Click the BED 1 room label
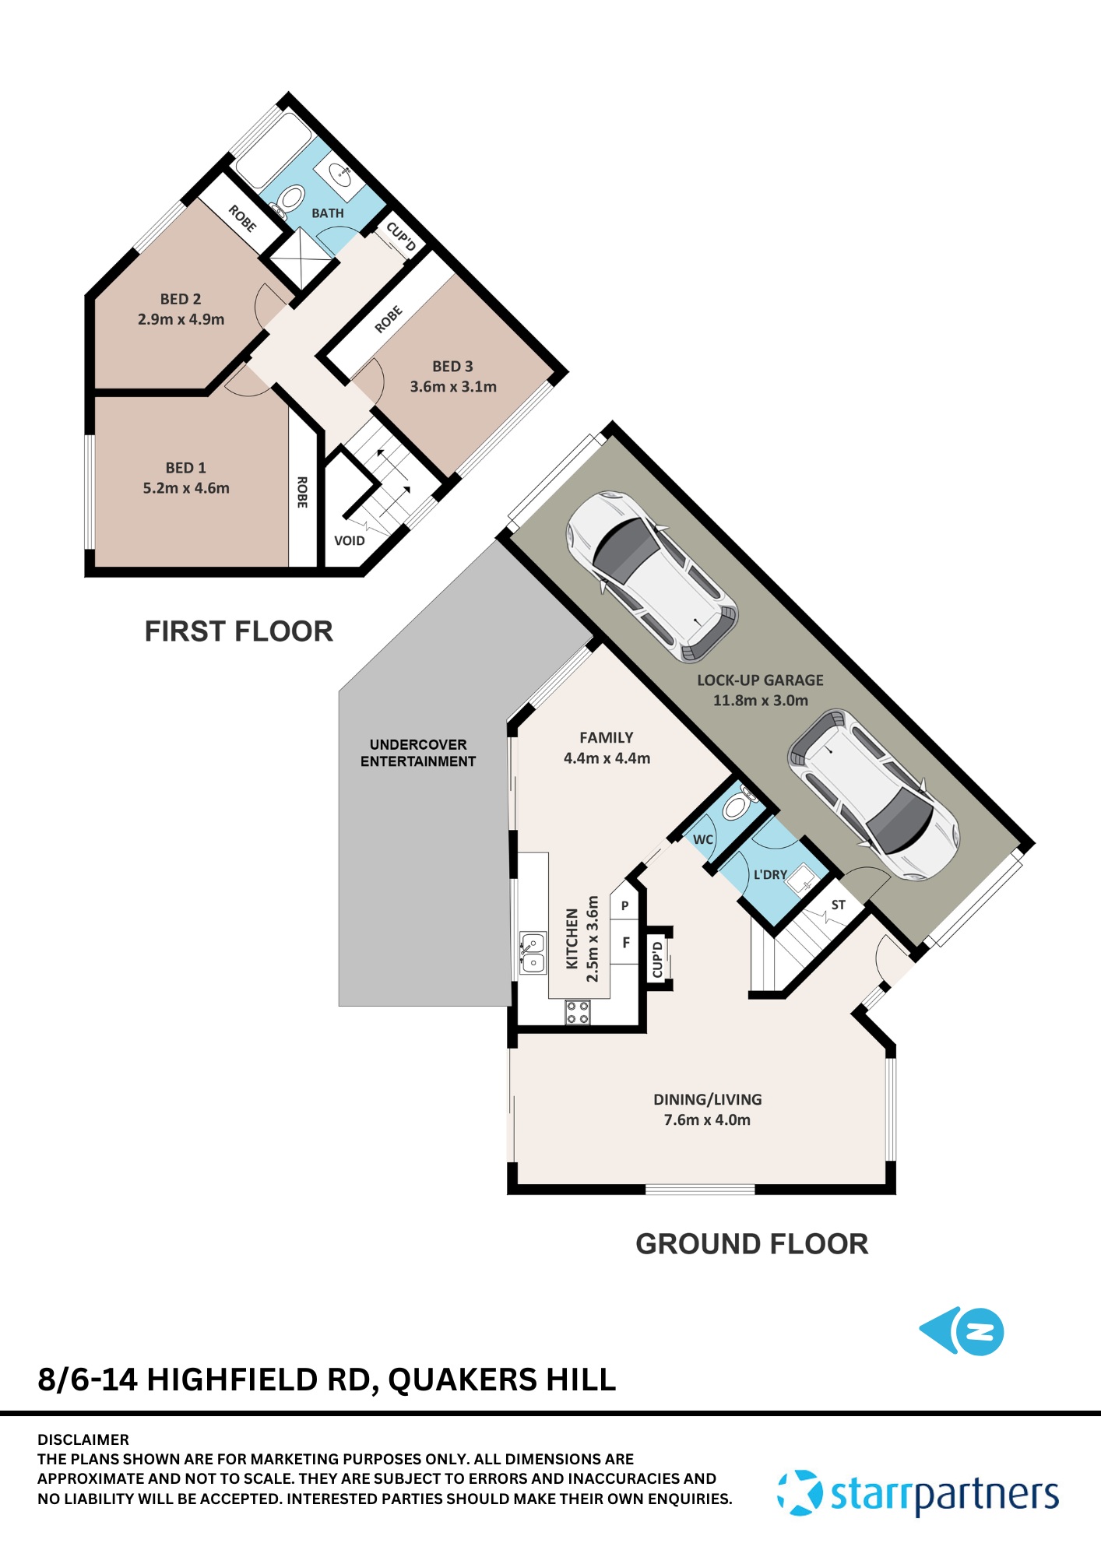coord(185,468)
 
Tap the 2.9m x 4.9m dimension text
coord(181,319)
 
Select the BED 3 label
coord(452,366)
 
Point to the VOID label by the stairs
coord(349,540)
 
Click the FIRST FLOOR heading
coord(238,631)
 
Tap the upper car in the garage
coord(652,576)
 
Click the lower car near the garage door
coord(874,794)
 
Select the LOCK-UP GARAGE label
coord(759,680)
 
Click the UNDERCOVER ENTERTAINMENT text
coord(418,753)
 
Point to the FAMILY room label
coord(606,737)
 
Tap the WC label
coord(702,839)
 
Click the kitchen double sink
coord(533,953)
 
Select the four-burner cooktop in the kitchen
coord(577,1012)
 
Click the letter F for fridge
coord(625,942)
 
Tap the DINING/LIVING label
coord(707,1099)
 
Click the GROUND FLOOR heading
coord(751,1243)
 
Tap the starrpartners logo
coord(919,1493)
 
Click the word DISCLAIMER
coord(83,1439)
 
